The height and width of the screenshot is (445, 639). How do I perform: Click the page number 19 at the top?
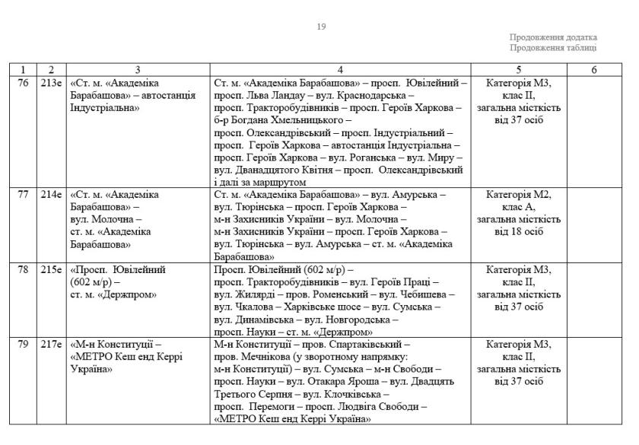[321, 27]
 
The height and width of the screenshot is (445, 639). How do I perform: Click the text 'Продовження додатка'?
[553, 37]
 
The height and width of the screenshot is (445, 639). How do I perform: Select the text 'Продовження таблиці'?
[553, 48]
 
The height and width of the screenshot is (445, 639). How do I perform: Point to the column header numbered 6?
[594, 70]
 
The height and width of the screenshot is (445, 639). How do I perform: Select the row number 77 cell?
[23, 195]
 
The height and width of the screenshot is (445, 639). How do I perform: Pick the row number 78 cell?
[23, 270]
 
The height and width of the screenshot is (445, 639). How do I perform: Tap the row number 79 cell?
[23, 345]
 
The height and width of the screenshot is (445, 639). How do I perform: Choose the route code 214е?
[51, 195]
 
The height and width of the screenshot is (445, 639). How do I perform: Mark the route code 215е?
[51, 270]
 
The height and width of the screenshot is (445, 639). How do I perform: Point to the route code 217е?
[51, 345]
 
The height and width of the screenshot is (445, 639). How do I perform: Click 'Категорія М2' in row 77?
[518, 195]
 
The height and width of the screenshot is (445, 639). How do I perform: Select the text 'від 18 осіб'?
[518, 231]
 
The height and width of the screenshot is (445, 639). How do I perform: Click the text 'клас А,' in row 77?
[518, 207]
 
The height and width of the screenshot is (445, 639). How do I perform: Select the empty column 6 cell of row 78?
[594, 300]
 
